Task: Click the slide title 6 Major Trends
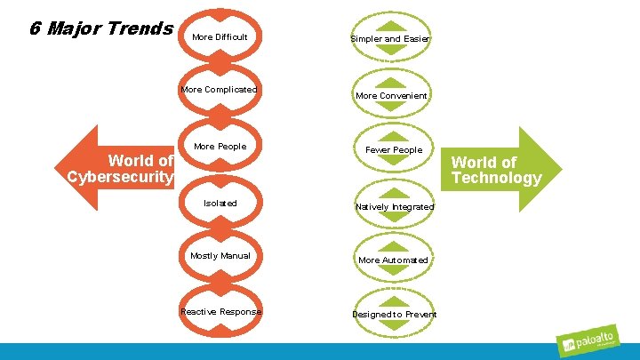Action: point(100,28)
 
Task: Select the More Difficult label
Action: point(219,37)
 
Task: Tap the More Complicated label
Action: point(219,90)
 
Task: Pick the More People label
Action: point(219,147)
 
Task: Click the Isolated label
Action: point(220,204)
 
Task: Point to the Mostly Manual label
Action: point(220,256)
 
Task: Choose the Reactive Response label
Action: point(220,312)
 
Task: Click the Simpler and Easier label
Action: point(391,39)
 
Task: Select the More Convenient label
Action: point(391,96)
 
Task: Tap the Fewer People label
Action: point(394,150)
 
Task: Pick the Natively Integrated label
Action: point(394,207)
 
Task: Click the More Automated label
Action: point(393,260)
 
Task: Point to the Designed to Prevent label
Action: point(394,315)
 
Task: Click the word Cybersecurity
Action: point(120,176)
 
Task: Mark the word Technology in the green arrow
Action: point(496,178)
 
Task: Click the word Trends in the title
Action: point(139,28)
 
